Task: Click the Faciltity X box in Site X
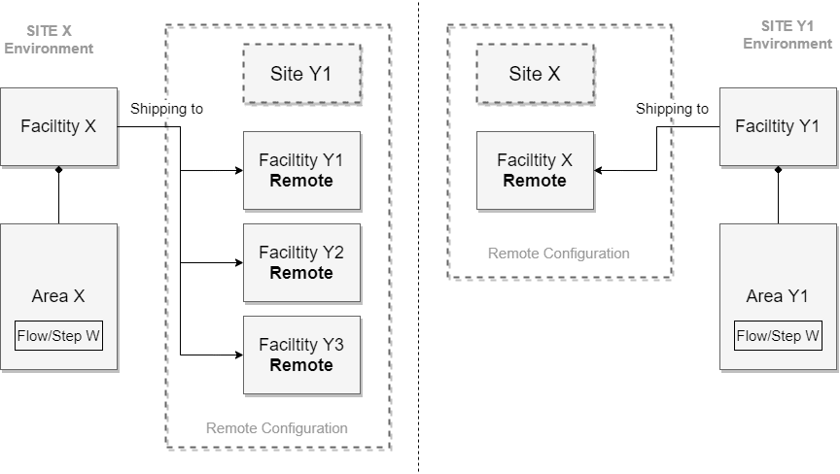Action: pos(58,127)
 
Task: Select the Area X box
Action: pos(58,297)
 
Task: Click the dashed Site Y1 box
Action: pos(301,74)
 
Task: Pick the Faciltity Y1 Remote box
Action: pos(301,170)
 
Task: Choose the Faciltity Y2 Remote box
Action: pos(301,262)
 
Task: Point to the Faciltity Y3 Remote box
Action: pos(301,355)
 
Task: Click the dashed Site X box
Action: pos(535,74)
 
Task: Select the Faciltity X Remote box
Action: pos(535,170)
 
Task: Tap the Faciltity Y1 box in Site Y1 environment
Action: pos(778,127)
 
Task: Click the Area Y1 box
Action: pos(778,297)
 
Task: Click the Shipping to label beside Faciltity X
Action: pos(166,109)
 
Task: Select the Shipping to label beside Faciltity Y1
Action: pos(672,109)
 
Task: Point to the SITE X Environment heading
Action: pos(48,40)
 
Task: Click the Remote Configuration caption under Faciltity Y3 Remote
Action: pos(276,427)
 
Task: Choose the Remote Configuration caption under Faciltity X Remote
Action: pos(558,254)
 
